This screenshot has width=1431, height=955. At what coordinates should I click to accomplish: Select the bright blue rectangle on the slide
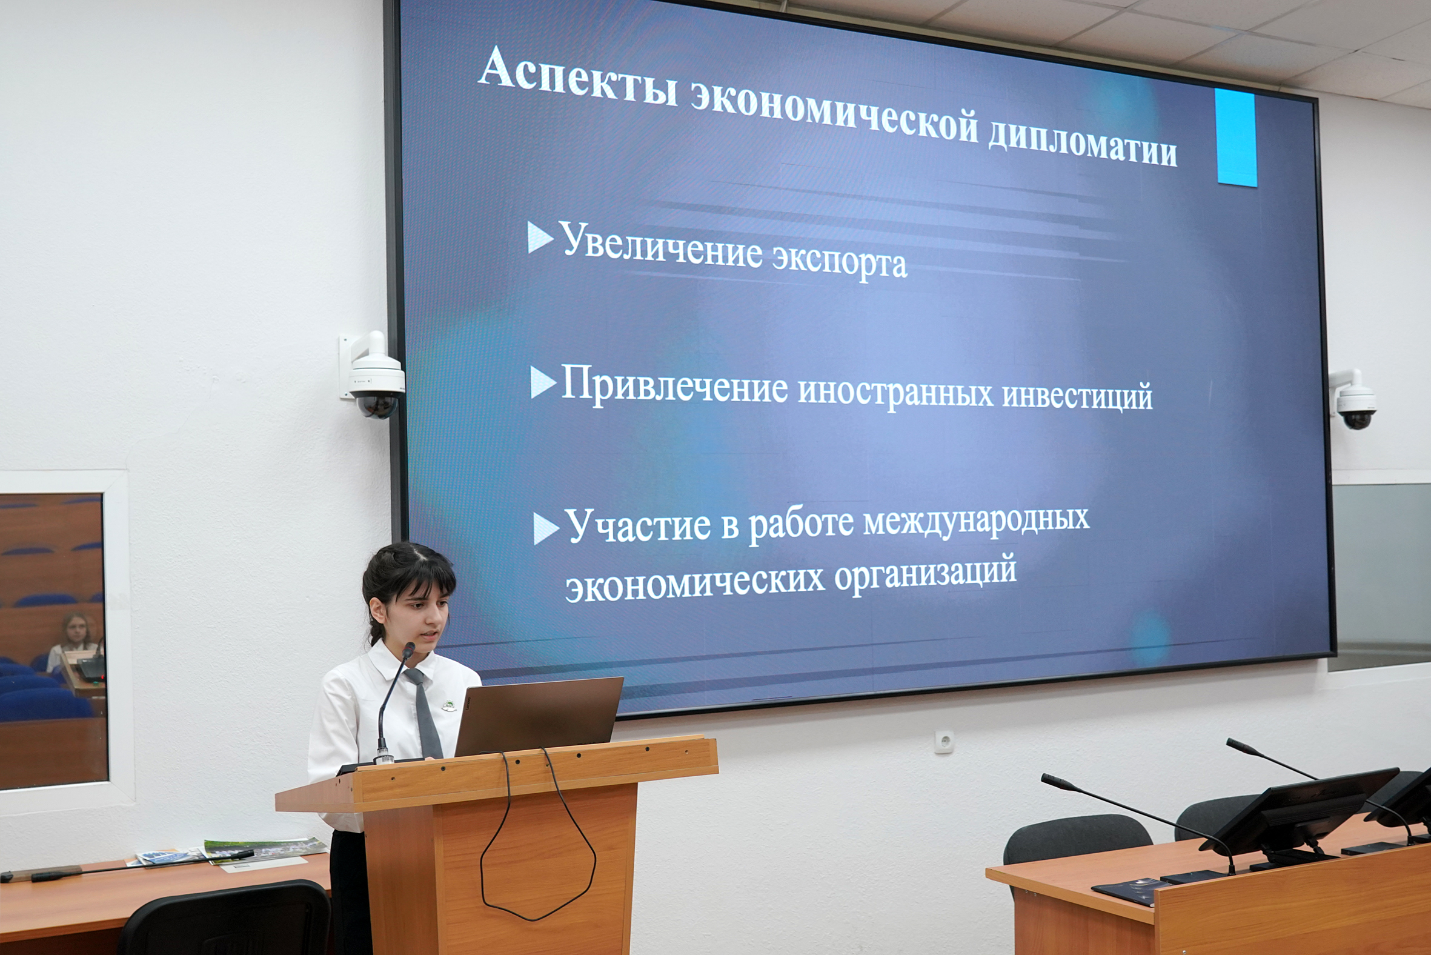(x=1235, y=137)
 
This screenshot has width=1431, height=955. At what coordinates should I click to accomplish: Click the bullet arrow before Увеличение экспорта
(x=540, y=237)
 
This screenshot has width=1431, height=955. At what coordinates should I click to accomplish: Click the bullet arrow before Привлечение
(x=543, y=382)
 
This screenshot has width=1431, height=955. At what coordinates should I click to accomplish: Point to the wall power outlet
(x=944, y=742)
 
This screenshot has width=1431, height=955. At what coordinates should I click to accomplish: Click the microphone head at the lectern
(x=408, y=650)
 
